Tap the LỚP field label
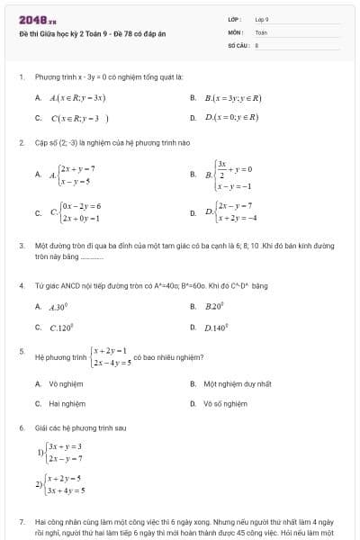pos(235,19)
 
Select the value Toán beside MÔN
pos(261,31)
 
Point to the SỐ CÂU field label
pos(237,43)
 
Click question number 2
pos(21,142)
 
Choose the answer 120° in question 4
pos(67,328)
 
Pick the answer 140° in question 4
pos(217,328)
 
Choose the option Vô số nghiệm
pos(225,404)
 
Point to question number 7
pos(21,521)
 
